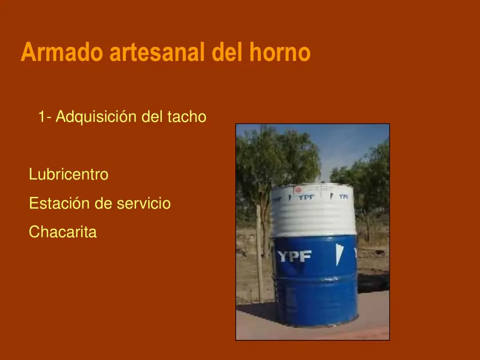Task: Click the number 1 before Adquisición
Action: tap(42, 117)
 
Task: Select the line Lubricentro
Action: tap(68, 175)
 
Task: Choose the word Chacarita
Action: tap(63, 232)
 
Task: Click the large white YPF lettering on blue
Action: tap(294, 256)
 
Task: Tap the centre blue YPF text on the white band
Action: tap(307, 197)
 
